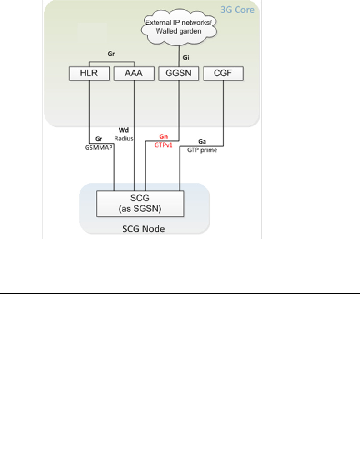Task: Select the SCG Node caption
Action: tap(144, 228)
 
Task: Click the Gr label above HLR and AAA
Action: tap(111, 53)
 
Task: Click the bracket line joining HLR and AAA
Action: tap(111, 61)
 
